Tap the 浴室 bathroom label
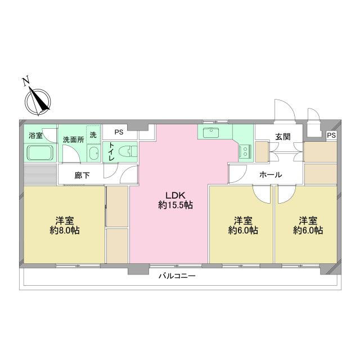point(35,136)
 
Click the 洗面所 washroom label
point(73,139)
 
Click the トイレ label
point(112,151)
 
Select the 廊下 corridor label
point(82,175)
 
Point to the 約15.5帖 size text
point(175,205)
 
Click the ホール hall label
point(271,175)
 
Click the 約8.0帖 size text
point(63,230)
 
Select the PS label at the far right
point(331,136)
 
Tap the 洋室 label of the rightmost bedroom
point(307,219)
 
